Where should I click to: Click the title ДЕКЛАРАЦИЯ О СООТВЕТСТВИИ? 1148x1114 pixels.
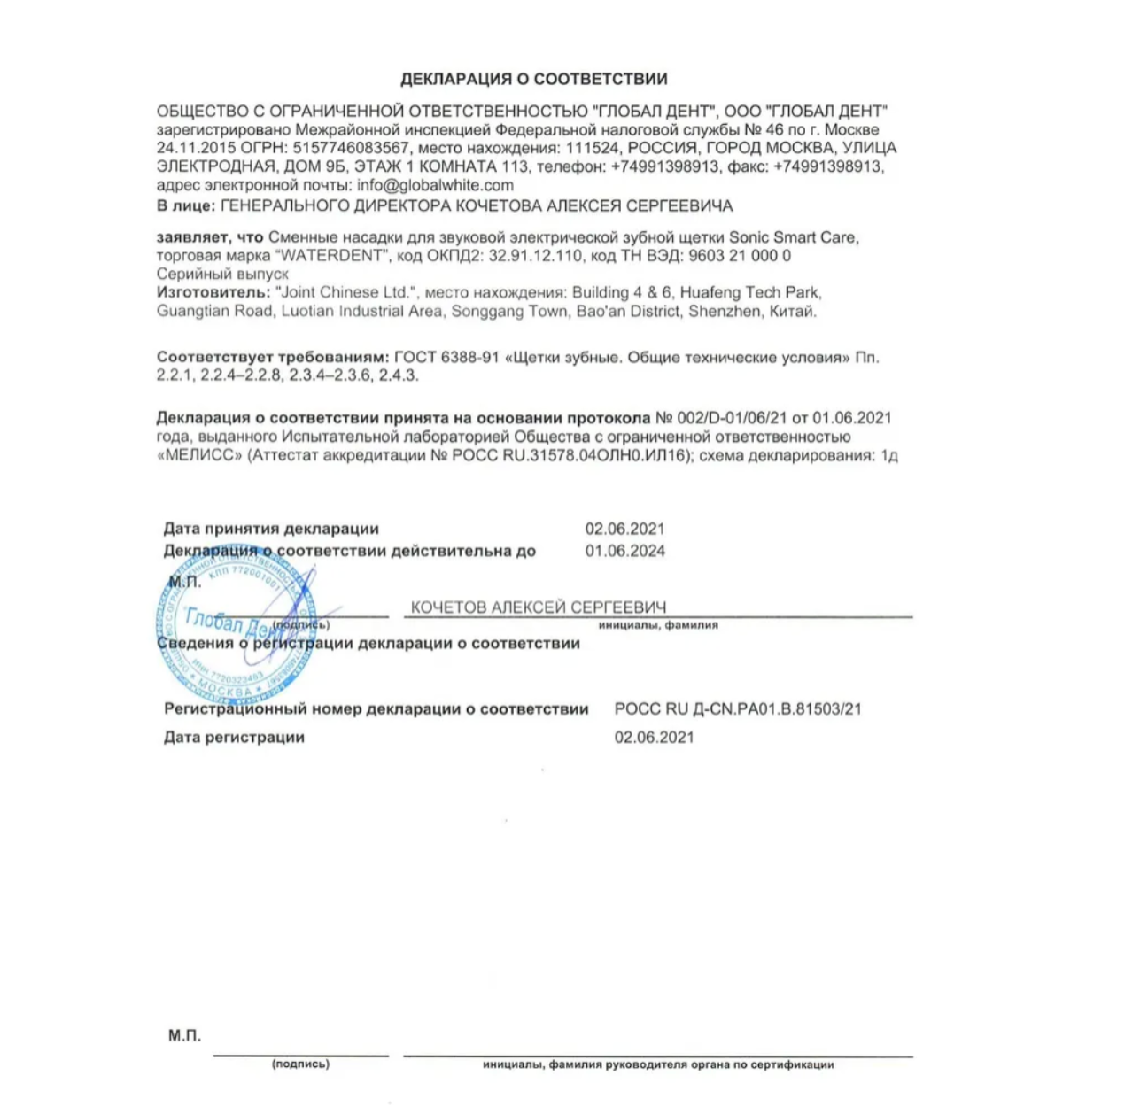(x=533, y=79)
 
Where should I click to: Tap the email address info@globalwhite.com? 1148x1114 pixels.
(x=435, y=185)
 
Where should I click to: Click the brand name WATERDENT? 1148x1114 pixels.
(x=333, y=256)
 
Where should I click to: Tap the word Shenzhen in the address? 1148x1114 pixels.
(x=724, y=312)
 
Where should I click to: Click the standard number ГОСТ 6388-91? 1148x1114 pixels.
(x=446, y=358)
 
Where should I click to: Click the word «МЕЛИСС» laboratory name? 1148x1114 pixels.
(x=199, y=456)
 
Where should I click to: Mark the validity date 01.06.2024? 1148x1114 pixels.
(x=624, y=551)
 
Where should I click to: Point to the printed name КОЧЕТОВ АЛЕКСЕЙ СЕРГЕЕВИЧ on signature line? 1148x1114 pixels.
(x=538, y=607)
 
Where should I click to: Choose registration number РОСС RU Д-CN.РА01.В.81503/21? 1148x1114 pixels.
(x=738, y=709)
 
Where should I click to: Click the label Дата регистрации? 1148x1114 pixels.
(x=234, y=738)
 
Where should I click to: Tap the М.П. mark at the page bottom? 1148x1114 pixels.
(x=184, y=1035)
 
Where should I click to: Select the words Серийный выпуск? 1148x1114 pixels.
(x=222, y=275)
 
